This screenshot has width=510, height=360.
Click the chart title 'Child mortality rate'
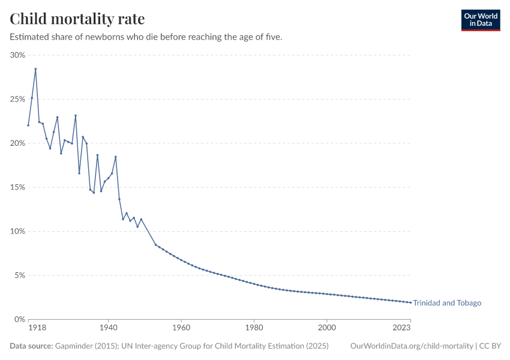(77, 19)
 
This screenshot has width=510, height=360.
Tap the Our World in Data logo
(480, 20)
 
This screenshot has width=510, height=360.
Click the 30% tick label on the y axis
(18, 55)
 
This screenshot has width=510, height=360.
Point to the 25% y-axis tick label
(18, 99)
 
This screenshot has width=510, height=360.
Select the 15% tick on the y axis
(18, 187)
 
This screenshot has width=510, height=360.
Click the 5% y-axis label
(20, 275)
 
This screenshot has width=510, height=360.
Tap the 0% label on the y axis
(20, 320)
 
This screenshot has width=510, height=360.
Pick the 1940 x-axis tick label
(108, 329)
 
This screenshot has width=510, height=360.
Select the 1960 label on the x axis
(181, 329)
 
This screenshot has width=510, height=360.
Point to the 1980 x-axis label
(254, 329)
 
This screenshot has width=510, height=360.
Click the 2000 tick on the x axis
(327, 329)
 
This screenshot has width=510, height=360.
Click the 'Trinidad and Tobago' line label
(447, 303)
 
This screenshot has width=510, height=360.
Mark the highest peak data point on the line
(35, 69)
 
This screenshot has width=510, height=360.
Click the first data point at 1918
(28, 125)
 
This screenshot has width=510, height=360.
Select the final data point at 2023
(410, 302)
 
